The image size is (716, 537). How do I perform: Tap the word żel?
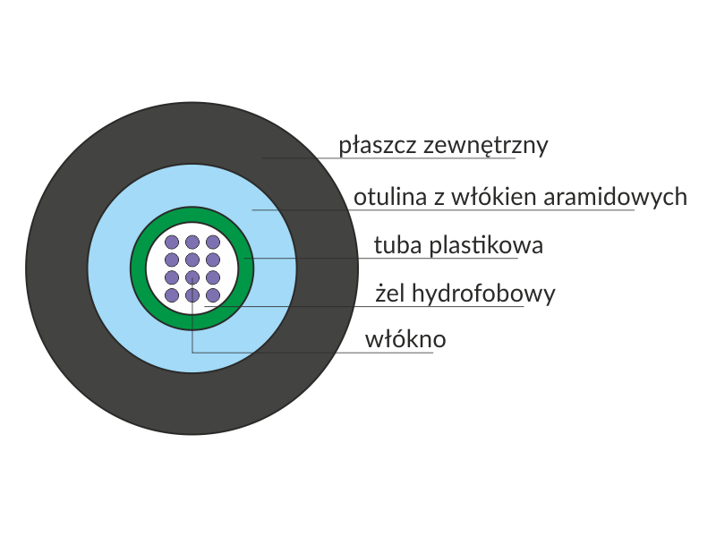[391, 294]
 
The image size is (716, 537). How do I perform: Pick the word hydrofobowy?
[483, 294]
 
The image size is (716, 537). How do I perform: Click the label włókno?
[405, 340]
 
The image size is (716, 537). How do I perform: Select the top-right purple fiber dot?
[213, 242]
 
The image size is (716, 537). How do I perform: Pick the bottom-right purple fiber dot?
[213, 294]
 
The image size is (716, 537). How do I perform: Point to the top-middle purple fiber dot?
[192, 242]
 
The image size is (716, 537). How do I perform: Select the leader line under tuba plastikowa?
[430, 259]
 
